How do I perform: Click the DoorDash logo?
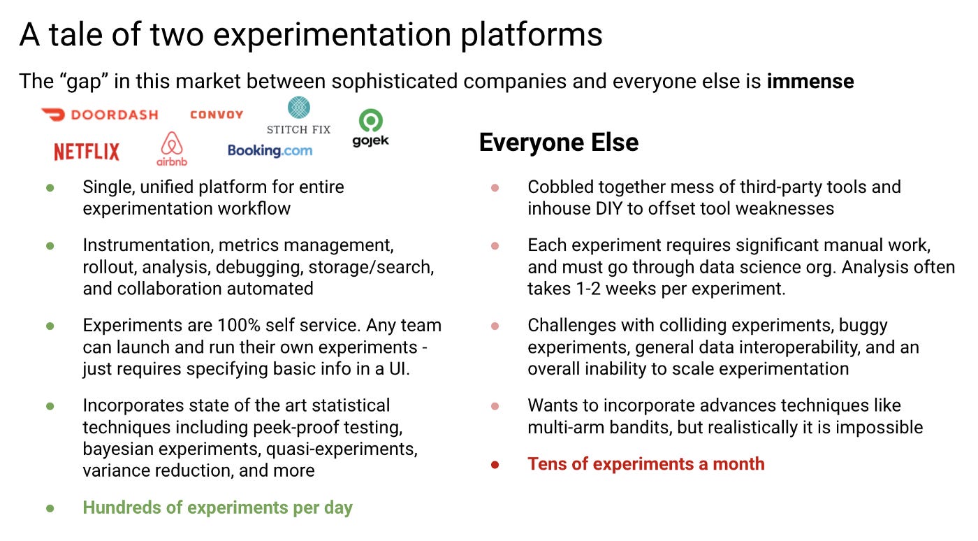[x=99, y=115]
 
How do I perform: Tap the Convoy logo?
[x=217, y=115]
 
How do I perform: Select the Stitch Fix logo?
[x=299, y=115]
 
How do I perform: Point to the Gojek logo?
[x=370, y=128]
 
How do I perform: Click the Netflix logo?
[x=87, y=152]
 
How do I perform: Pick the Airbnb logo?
[x=172, y=149]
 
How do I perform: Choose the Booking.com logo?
[x=270, y=151]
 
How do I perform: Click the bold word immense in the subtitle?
[x=810, y=81]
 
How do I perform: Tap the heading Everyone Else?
[x=559, y=142]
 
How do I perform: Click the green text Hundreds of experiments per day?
[x=217, y=507]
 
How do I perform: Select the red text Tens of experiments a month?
[x=646, y=463]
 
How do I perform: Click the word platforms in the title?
[x=532, y=35]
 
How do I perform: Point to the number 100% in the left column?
[x=238, y=326]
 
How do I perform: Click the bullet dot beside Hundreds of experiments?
[x=50, y=508]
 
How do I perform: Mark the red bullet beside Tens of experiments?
[x=495, y=465]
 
